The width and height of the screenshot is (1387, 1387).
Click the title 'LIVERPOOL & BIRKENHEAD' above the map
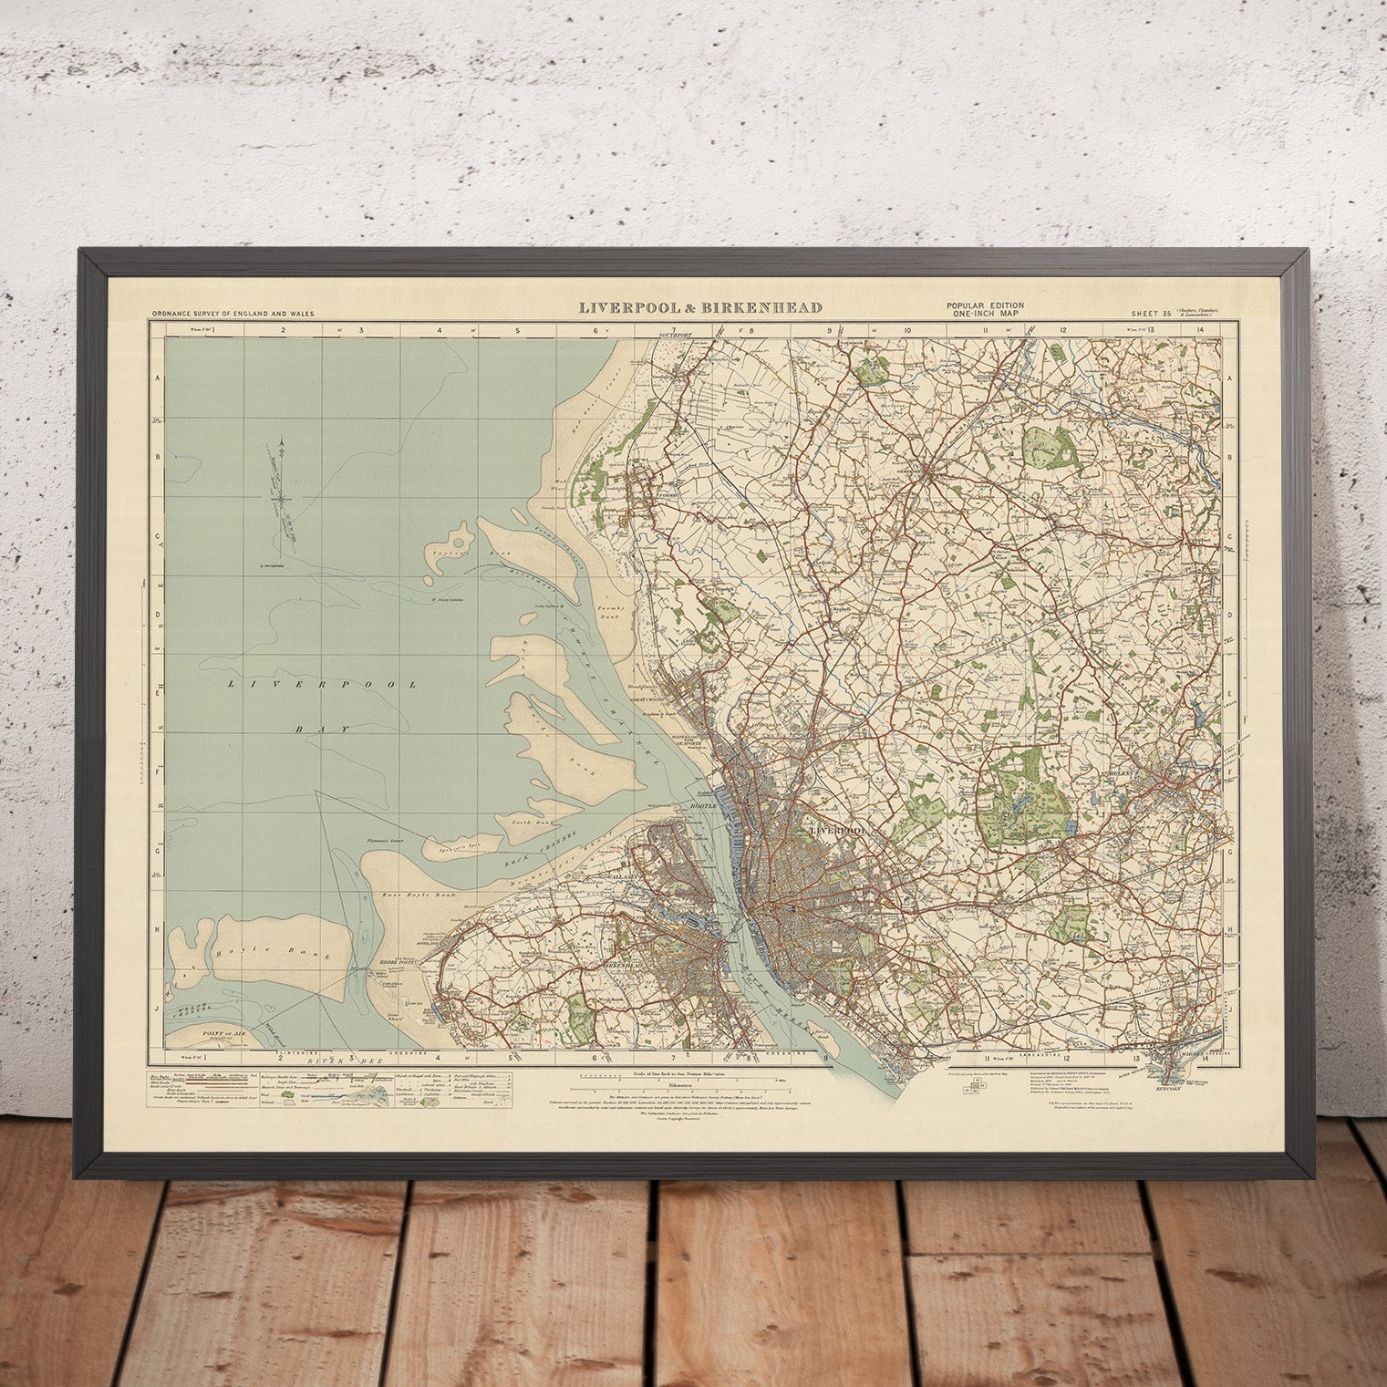point(700,307)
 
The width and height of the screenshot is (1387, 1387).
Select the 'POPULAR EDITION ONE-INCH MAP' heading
point(984,309)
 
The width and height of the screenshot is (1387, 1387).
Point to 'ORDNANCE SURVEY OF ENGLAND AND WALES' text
point(233,314)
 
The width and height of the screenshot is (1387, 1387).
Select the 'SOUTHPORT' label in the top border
point(675,335)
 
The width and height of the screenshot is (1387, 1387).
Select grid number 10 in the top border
point(908,332)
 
